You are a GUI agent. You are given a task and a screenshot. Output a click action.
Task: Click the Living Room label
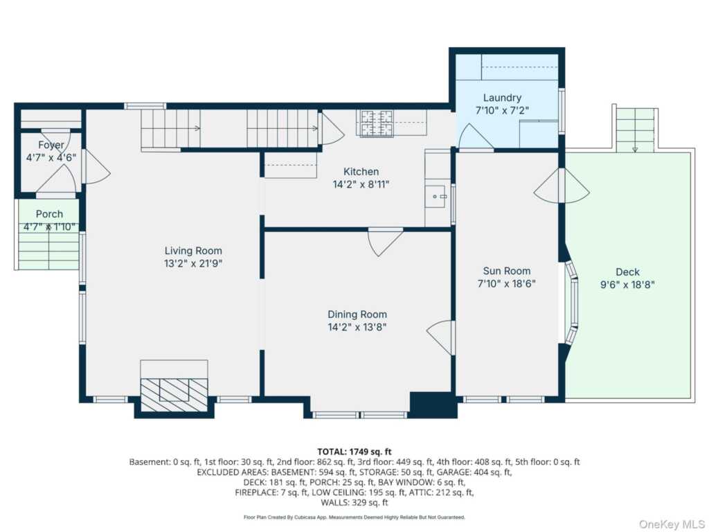click(193, 251)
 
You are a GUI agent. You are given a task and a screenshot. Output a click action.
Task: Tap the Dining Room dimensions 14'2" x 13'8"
click(357, 327)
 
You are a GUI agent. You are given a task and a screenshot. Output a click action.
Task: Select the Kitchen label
click(361, 172)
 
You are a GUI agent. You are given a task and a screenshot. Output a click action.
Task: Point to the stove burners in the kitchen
click(375, 123)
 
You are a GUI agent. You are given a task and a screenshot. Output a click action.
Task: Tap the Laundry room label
click(502, 98)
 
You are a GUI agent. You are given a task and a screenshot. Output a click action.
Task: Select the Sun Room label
click(507, 271)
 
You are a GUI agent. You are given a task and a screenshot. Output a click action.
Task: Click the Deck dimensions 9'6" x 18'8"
click(627, 284)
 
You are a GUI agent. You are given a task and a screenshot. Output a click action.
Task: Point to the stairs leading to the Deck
click(635, 130)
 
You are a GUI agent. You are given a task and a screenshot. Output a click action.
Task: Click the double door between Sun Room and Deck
click(562, 186)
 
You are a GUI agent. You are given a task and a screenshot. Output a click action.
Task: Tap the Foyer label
click(51, 145)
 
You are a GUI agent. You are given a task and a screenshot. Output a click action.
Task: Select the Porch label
click(49, 214)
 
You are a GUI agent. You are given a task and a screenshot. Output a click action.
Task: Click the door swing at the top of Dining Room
click(384, 240)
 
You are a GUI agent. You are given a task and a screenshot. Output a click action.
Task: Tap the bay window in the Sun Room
click(572, 303)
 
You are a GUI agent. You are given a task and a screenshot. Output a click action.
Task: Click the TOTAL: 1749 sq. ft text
click(354, 451)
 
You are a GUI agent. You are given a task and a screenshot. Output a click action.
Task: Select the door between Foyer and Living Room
click(93, 167)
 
